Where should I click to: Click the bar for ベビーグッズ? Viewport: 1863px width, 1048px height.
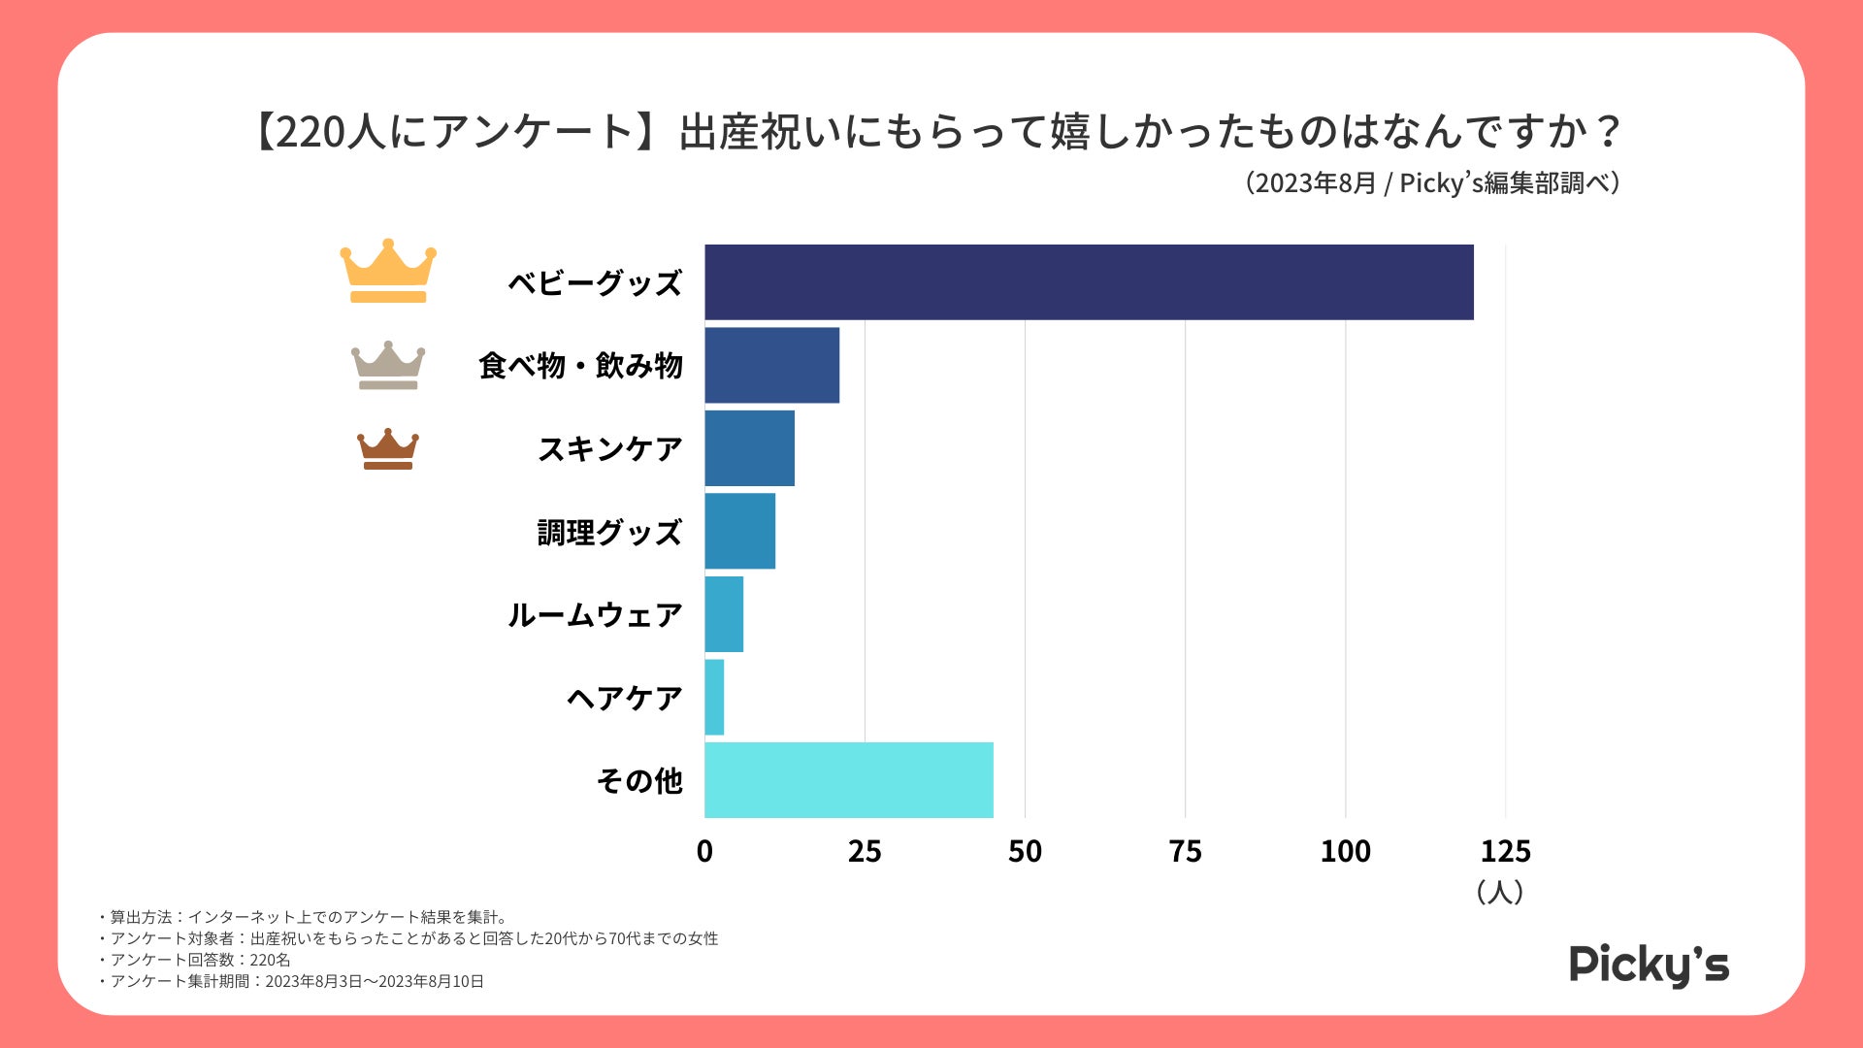pos(1089,282)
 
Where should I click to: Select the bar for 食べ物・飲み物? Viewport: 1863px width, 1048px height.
pos(771,365)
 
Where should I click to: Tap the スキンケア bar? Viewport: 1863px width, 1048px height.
pos(749,448)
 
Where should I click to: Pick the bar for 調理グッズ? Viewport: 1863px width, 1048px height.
pos(739,531)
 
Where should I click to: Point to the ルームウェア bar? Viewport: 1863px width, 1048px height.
pos(724,614)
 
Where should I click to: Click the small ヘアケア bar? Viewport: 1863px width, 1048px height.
pos(714,698)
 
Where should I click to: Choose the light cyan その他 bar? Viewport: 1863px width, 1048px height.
pos(849,780)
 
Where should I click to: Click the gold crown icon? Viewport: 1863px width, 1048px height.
pos(388,272)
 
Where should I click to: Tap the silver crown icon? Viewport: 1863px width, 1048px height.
pos(388,366)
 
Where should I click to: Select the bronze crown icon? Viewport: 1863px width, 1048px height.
pos(388,449)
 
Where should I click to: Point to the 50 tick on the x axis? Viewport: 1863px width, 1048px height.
pos(1025,852)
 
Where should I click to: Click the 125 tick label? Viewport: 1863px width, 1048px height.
pos(1505,852)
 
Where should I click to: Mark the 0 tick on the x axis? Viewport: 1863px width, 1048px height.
pos(704,852)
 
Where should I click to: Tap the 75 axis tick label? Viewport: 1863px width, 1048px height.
pos(1185,852)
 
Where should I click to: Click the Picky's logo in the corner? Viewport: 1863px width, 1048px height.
pos(1649,965)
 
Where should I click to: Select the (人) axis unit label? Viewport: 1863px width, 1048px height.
pos(1499,892)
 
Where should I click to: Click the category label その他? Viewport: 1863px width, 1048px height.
pos(639,781)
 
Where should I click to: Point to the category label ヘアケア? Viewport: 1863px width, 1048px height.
pos(625,699)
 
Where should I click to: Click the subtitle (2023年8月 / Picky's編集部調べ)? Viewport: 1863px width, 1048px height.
pos(1432,183)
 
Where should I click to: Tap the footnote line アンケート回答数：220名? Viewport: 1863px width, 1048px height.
pos(200,960)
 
